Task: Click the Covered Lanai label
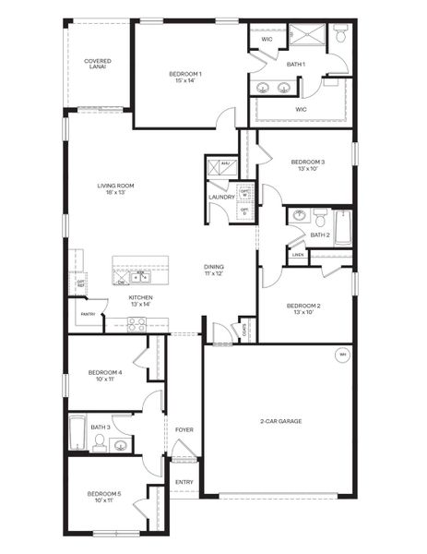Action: coord(98,64)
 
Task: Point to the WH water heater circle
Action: coord(342,355)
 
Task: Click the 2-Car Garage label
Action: coord(281,421)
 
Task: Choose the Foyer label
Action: coord(184,429)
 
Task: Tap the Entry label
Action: coord(184,481)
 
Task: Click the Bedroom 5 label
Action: coord(104,496)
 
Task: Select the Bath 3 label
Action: coord(101,427)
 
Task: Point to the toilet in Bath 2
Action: coord(321,219)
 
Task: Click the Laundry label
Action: coord(221,197)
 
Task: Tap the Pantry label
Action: coord(89,314)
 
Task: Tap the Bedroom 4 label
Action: coord(104,375)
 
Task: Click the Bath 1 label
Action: coord(296,64)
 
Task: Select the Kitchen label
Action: coord(140,300)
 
